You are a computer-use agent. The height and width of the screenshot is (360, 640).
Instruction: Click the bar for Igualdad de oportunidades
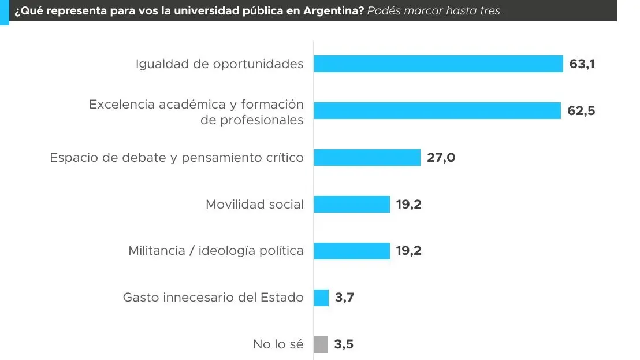click(438, 64)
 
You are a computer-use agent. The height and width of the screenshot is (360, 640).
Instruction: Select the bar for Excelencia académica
click(437, 110)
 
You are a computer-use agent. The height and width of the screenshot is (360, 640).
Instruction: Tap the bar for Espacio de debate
click(367, 157)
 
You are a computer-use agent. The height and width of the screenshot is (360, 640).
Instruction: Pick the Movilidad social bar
click(352, 204)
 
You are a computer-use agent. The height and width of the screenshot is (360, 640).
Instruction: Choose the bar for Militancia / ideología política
click(352, 251)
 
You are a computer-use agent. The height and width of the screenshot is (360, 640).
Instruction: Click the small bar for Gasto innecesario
click(321, 298)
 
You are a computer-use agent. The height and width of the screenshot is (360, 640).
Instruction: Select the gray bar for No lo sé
click(321, 344)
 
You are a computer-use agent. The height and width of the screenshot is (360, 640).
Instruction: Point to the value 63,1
click(582, 64)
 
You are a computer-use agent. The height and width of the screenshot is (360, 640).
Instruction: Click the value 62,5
click(581, 111)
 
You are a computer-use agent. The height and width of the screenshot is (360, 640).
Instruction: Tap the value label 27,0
click(441, 157)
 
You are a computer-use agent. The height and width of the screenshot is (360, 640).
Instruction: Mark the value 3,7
click(344, 298)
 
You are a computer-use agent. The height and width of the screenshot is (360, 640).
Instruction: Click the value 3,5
click(344, 344)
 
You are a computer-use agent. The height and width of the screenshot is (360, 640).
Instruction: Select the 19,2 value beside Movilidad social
click(409, 204)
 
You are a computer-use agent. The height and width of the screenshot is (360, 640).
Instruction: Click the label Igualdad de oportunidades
click(219, 64)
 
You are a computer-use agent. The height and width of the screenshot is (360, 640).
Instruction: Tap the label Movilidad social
click(255, 204)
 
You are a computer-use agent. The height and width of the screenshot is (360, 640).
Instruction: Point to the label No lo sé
click(278, 344)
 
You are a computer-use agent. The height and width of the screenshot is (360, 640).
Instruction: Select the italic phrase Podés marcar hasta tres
click(434, 11)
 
